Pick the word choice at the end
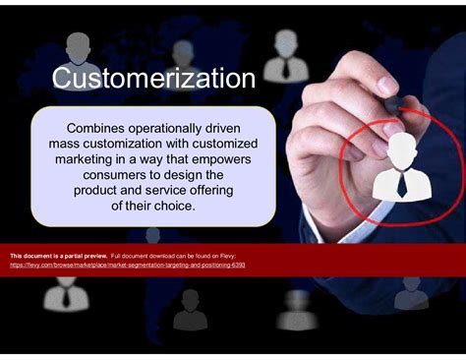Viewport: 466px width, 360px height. pos(169,207)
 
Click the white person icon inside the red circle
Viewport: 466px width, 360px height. pos(402,165)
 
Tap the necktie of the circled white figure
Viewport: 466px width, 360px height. pos(402,183)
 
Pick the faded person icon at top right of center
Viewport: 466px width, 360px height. pos(285,51)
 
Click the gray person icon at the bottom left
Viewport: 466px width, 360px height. pos(65,295)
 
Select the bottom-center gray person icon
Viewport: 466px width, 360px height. pos(190,311)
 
